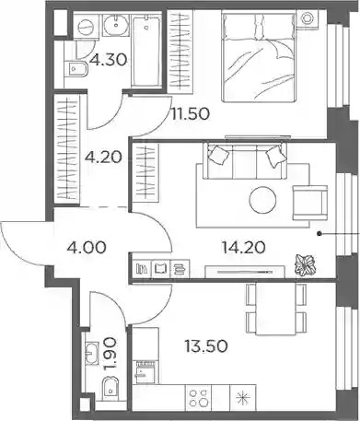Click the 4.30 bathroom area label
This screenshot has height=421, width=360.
(108, 60)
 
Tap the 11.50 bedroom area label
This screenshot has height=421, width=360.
(191, 114)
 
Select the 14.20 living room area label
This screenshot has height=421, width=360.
(243, 248)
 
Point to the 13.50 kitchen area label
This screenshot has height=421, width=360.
(206, 346)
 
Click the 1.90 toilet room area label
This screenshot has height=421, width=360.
(110, 354)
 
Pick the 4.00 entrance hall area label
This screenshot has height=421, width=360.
(87, 247)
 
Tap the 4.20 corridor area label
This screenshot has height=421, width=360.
(103, 158)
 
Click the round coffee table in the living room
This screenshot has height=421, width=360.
(262, 200)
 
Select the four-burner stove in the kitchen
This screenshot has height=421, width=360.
(198, 397)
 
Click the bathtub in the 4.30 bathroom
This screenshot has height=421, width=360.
(146, 51)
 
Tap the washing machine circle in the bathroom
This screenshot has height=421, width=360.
(86, 28)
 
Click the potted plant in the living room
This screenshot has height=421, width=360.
(304, 264)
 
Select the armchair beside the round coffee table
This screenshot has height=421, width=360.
(310, 203)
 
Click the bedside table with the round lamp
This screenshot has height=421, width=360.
(308, 19)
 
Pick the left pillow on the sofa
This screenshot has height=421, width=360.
(219, 154)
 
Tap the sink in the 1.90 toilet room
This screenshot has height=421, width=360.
(90, 353)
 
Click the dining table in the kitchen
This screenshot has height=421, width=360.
(276, 309)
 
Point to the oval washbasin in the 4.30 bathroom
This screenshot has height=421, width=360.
(116, 26)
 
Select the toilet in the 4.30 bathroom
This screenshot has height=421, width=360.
(75, 69)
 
